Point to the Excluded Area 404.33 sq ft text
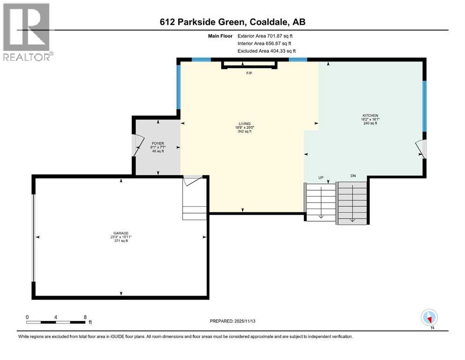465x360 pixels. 266,51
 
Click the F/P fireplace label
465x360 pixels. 249,74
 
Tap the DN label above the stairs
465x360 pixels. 353,176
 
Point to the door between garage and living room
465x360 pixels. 192,180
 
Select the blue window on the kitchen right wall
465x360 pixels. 424,106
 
